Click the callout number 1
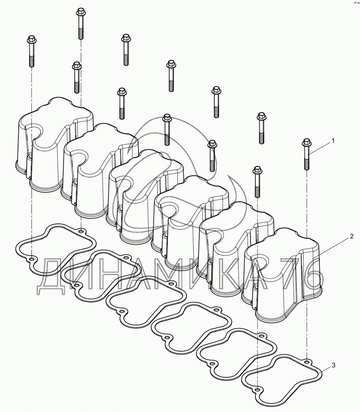coord(333,141)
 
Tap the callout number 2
coord(351,237)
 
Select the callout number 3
coord(334,365)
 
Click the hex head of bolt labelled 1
coord(306,142)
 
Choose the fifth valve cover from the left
coord(236,248)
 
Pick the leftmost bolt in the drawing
coord(31,51)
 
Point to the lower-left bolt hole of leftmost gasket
coord(31,260)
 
